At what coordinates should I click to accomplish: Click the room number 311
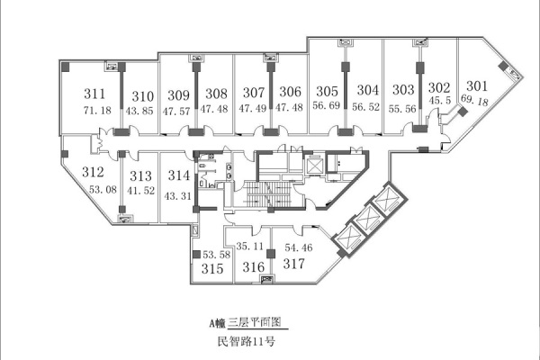tap(94, 94)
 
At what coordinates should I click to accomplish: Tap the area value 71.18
tap(97, 110)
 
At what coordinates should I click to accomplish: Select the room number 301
tap(477, 85)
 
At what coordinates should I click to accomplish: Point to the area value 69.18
tap(474, 100)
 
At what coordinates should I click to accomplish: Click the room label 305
tap(328, 91)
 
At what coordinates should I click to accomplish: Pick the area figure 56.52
tap(365, 107)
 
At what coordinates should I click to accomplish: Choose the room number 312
tap(93, 172)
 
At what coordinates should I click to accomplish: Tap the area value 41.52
tap(141, 191)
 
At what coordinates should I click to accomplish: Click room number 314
tap(179, 175)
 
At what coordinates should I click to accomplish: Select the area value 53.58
tap(216, 255)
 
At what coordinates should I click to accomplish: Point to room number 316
tap(254, 267)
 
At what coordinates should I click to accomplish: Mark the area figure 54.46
tap(299, 247)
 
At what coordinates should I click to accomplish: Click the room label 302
tap(439, 87)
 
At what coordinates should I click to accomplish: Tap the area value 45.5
tap(440, 100)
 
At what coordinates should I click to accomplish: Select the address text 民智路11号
tap(247, 341)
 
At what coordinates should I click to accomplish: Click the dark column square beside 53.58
tap(196, 255)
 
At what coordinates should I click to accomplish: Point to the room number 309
tap(179, 95)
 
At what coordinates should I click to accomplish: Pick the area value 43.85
tap(139, 111)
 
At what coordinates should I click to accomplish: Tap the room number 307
tap(254, 93)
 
